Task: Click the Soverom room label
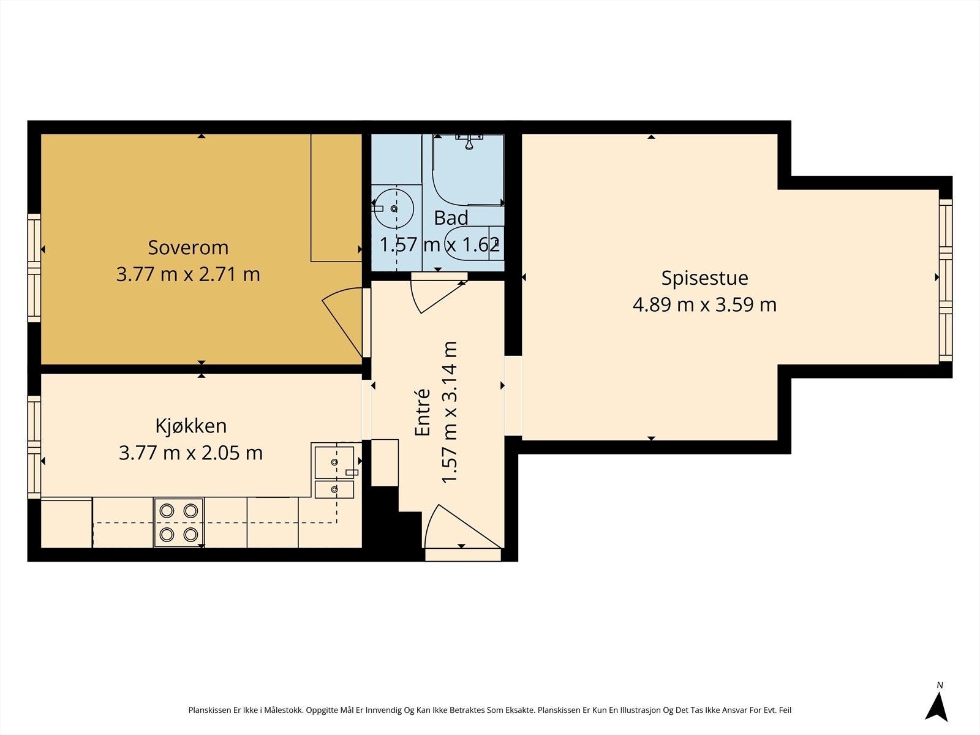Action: pos(188,247)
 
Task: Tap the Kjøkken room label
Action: pos(191,426)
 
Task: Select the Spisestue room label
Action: pos(704,279)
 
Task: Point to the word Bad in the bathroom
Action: pos(451,218)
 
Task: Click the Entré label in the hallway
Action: pos(423,413)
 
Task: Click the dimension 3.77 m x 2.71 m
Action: pos(188,274)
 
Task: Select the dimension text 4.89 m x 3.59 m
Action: pos(704,305)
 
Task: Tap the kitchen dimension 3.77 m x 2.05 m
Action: pos(190,453)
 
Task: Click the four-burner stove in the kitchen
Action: pos(179,522)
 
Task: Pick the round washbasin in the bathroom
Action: pos(394,208)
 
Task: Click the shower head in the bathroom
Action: pos(469,142)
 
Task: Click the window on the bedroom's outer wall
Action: pos(34,268)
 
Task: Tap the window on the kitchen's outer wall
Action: pos(34,447)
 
